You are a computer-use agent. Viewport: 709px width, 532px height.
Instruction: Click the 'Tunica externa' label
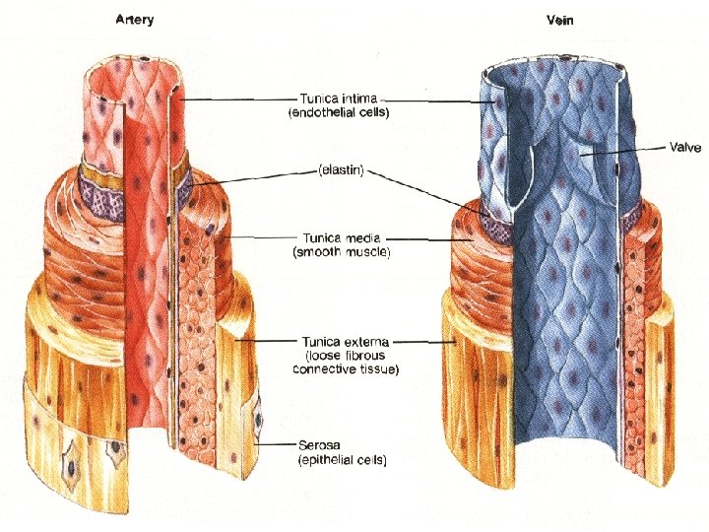tap(340, 342)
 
